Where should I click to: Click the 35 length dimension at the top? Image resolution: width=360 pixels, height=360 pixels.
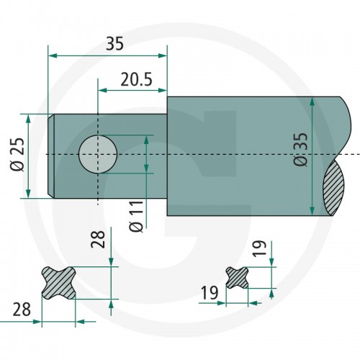coord(114,44)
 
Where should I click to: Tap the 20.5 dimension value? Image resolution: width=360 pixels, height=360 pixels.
coord(136,79)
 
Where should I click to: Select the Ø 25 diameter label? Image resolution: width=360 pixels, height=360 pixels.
coord(17,154)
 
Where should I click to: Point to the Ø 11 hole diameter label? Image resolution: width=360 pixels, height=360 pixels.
coord(136,216)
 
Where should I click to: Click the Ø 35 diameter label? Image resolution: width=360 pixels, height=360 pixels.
coord(300,149)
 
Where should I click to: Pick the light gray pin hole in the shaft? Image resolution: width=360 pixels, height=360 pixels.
coord(98,154)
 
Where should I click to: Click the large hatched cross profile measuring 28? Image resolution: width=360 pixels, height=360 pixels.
coord(59,283)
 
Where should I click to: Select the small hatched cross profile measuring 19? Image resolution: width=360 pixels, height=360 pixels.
coord(238,278)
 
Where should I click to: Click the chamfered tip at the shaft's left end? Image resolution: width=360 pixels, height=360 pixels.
coord(51,156)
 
